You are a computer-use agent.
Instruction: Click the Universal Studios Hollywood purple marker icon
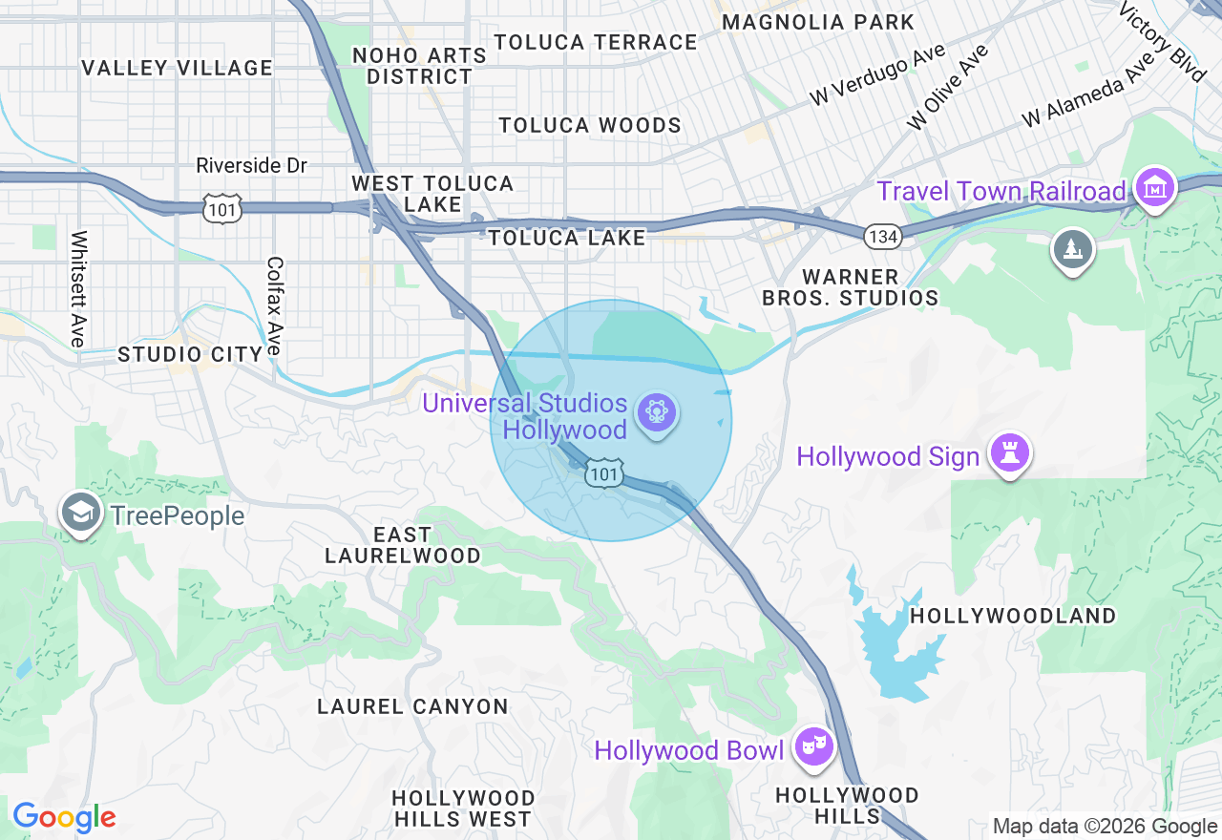656,413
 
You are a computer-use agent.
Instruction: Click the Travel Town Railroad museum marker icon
1155,188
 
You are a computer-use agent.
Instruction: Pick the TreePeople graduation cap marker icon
82,514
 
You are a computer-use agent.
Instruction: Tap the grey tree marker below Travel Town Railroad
1073,249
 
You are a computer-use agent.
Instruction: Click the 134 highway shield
884,237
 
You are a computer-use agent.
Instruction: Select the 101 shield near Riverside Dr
221,207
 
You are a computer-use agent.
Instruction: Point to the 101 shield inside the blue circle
605,474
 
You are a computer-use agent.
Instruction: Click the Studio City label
190,355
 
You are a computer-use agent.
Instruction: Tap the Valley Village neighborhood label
177,68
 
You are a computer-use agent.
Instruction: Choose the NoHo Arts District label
420,66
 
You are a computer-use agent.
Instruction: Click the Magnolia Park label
818,22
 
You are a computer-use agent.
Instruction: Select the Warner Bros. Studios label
850,287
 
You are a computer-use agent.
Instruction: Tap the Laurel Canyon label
412,706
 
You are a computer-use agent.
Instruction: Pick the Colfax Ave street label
275,305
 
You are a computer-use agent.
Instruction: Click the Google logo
64,818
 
